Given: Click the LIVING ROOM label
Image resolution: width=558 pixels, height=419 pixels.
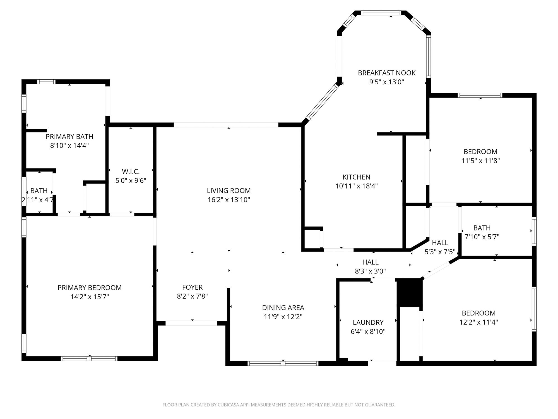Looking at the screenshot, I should click(229, 191).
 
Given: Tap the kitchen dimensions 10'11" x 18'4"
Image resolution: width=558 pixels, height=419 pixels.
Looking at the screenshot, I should click(356, 186).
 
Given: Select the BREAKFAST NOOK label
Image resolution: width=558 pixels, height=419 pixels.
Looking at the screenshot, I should click(386, 73).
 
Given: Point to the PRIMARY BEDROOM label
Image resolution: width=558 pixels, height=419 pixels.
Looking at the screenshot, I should click(90, 288).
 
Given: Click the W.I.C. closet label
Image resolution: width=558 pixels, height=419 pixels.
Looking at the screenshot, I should click(131, 172).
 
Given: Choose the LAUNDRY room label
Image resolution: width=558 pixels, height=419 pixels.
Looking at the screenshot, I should click(368, 322).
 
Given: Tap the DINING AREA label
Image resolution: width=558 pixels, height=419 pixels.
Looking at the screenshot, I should click(283, 308).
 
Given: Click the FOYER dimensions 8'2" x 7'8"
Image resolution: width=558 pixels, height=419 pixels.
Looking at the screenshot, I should click(192, 296).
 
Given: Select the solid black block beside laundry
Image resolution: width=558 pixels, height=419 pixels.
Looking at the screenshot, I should click(408, 293).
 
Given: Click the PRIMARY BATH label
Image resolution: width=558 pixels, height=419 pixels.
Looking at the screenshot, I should click(69, 137).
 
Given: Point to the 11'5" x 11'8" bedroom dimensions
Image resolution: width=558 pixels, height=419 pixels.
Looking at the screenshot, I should click(480, 161).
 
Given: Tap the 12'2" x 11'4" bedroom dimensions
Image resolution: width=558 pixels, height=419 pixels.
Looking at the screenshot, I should click(478, 322).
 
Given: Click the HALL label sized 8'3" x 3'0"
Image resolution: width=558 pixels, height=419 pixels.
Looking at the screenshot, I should click(370, 262).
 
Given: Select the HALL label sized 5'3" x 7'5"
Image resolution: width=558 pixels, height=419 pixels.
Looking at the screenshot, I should click(440, 243).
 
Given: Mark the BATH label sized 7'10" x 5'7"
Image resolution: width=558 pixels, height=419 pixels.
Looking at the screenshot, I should click(482, 228).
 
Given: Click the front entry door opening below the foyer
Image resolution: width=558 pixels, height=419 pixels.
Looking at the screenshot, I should click(191, 323).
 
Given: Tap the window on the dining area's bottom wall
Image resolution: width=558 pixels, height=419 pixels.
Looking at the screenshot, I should click(283, 363).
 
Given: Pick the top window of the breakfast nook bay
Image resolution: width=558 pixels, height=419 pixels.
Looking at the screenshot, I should click(381, 13).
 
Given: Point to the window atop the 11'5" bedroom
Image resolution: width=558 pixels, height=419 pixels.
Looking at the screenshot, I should click(480, 95).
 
